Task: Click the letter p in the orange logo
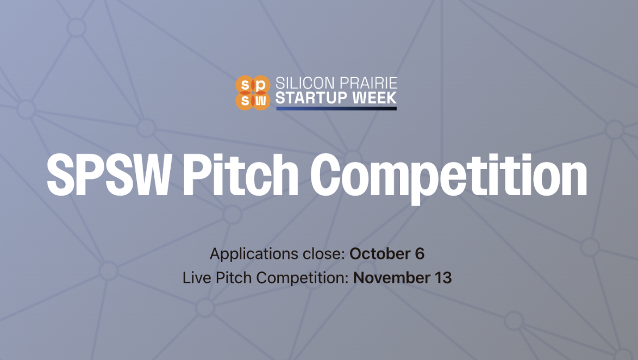(261, 85)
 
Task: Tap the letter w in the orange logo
(261, 100)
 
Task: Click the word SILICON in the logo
(305, 83)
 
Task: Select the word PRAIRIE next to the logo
(367, 83)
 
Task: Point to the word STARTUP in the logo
(312, 98)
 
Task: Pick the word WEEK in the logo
(374, 98)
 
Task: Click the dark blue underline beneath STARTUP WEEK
(336, 109)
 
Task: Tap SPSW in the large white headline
(108, 175)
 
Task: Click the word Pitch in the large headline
(240, 175)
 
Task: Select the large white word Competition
(449, 178)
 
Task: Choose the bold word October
(381, 254)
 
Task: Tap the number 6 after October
(420, 254)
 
